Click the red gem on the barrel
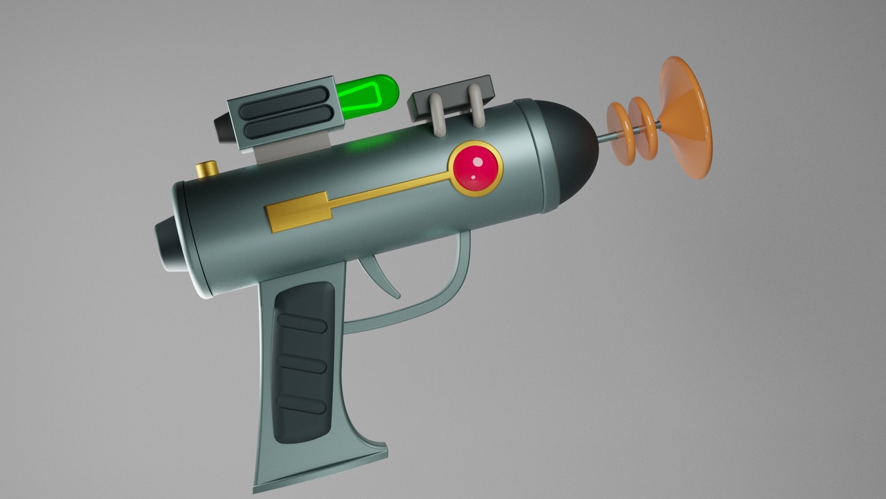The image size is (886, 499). pos(476,168)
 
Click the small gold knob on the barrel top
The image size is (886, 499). pos(206,168)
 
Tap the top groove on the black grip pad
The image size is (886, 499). pos(302,322)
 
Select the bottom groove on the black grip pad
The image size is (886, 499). pos(301,403)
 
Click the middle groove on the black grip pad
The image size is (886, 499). pos(302,362)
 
